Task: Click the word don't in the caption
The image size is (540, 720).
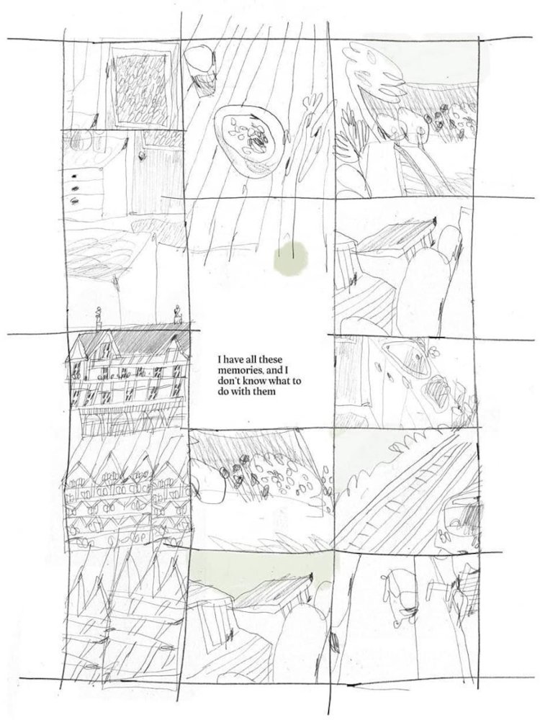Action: (227, 381)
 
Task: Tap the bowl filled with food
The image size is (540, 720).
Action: (246, 139)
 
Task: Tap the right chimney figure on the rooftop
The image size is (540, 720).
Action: (178, 315)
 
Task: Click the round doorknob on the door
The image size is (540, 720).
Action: (143, 156)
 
